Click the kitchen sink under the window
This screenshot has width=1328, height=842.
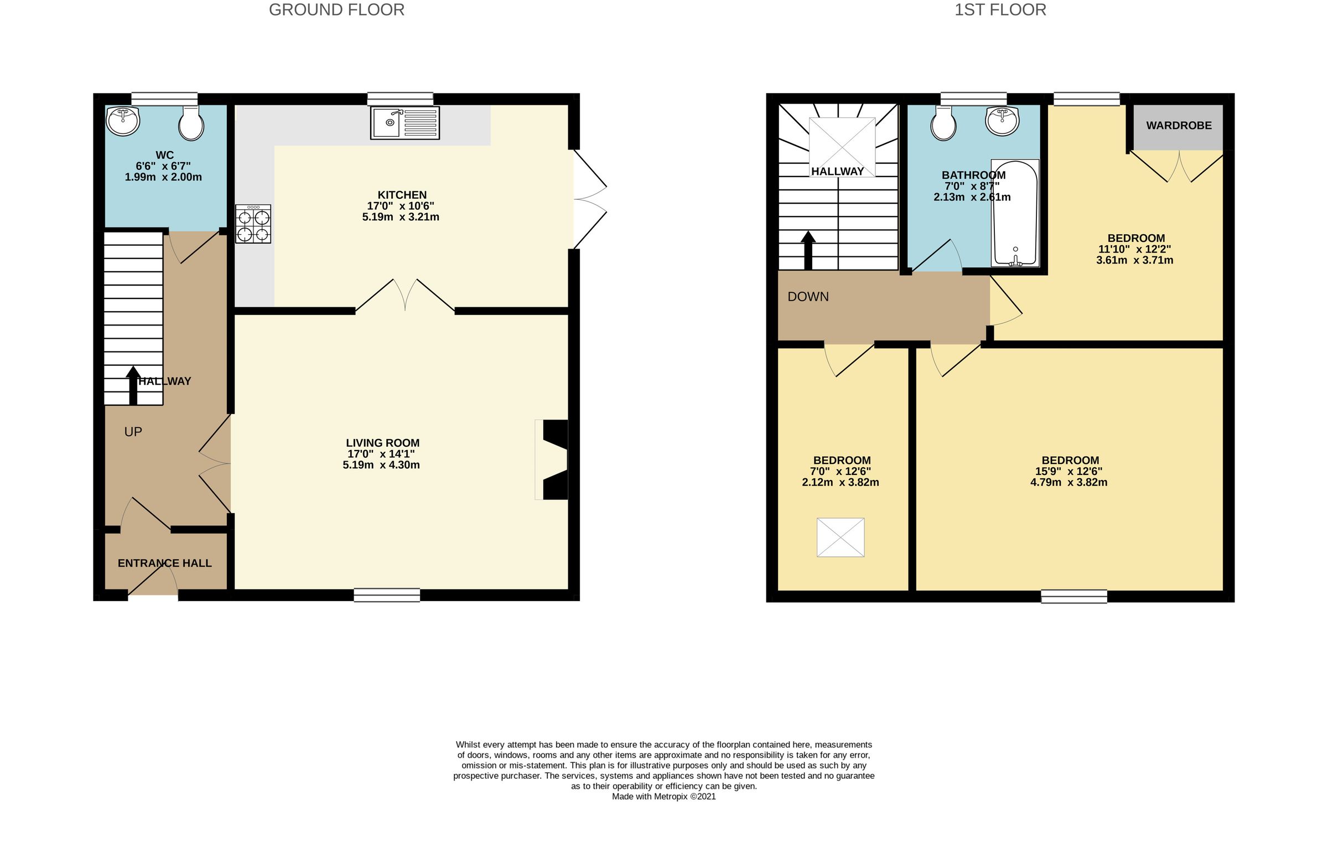click(x=404, y=123)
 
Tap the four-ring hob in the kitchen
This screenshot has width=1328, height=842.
click(x=253, y=224)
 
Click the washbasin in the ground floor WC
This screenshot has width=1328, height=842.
click(x=123, y=121)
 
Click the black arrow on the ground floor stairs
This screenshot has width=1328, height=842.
click(x=133, y=385)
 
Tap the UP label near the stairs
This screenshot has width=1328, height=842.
click(x=133, y=432)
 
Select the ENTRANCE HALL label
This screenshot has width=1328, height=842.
click(x=164, y=563)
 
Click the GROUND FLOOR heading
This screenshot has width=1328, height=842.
click(x=336, y=10)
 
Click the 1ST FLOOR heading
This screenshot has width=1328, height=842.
click(x=1000, y=10)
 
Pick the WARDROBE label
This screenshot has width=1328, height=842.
click(x=1179, y=126)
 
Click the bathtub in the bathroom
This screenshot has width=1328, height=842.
click(x=1015, y=213)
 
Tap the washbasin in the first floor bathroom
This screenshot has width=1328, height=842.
click(x=1003, y=121)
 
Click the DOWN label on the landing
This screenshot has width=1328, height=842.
click(x=808, y=297)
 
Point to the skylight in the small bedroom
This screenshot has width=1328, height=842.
click(x=840, y=537)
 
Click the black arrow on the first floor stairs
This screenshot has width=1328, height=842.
click(x=808, y=250)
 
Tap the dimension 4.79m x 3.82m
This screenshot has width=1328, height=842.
click(x=1068, y=482)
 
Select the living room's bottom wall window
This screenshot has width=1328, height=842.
click(x=387, y=595)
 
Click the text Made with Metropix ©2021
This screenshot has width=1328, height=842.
click(x=663, y=797)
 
